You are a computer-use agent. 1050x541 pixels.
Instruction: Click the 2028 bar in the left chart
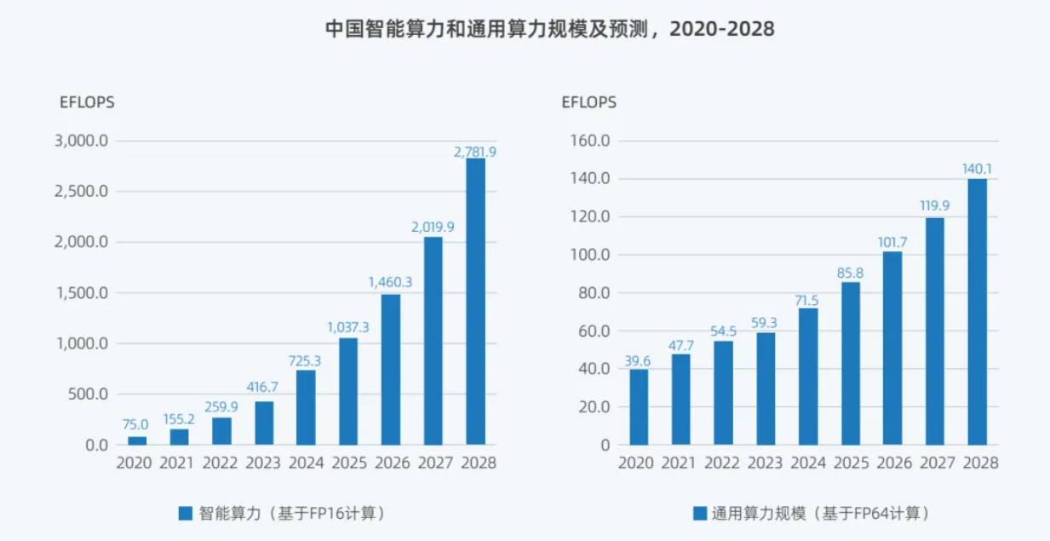(x=475, y=302)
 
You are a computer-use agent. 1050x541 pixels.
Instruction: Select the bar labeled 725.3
(x=307, y=407)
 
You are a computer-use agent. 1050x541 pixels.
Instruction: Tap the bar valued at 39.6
(x=639, y=407)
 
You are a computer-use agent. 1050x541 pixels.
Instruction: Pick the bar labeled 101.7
(x=892, y=348)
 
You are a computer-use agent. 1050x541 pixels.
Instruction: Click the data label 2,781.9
(x=475, y=152)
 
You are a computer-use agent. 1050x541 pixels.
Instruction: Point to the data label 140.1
(x=977, y=169)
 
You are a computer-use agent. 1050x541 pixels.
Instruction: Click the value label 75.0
(x=136, y=424)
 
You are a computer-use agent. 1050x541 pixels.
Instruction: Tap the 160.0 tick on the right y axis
(x=588, y=141)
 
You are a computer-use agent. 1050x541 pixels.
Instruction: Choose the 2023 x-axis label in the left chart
(x=263, y=464)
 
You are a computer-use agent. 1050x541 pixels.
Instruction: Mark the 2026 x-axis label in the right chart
(x=892, y=464)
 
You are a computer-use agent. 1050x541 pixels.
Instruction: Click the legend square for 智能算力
(x=186, y=513)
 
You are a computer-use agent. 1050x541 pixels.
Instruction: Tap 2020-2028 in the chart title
(x=722, y=28)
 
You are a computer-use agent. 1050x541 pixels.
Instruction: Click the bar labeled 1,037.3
(x=348, y=391)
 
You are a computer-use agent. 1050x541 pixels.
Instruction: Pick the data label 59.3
(x=766, y=323)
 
